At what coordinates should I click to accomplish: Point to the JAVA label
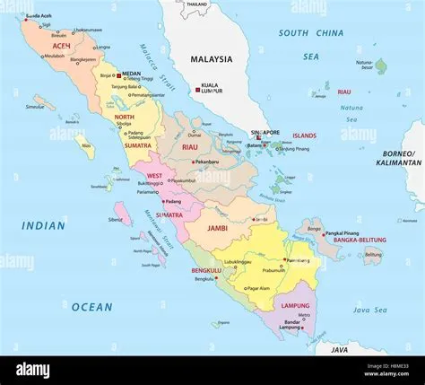click(338, 348)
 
